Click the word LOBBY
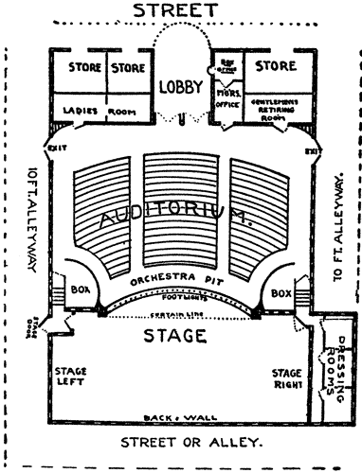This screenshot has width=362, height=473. click(180, 86)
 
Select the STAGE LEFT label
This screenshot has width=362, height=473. click(72, 377)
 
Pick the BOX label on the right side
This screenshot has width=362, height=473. click(281, 293)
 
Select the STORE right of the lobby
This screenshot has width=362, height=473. click(274, 67)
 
